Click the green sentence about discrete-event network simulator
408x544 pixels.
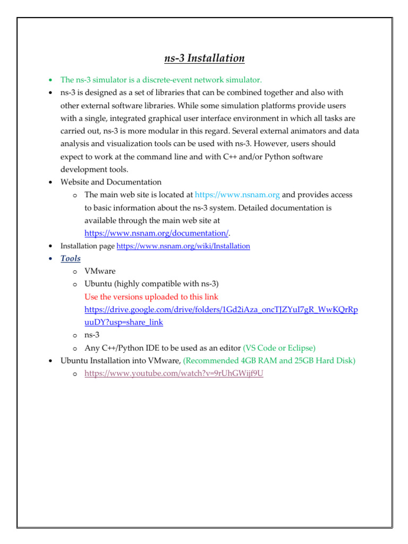point(161,80)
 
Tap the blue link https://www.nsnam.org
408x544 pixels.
point(237,195)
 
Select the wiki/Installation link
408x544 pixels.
point(183,246)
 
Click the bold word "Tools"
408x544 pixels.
point(71,259)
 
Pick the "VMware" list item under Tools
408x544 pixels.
point(100,271)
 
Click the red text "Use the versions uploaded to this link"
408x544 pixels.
point(151,296)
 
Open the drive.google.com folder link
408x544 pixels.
point(221,309)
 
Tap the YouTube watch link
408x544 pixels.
point(174,373)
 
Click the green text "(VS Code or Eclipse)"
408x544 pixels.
point(279,348)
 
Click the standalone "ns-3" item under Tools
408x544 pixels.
point(92,335)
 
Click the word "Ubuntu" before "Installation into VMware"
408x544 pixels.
point(75,361)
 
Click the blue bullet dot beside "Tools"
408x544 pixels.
point(49,259)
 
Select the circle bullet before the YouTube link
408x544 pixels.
point(74,374)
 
